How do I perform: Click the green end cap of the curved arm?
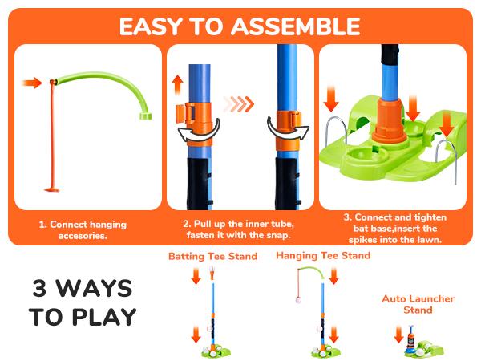[x=145, y=116]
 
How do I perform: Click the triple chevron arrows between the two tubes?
[x=238, y=104]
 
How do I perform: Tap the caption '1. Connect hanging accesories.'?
[x=83, y=229]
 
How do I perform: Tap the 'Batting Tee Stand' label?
[x=212, y=257]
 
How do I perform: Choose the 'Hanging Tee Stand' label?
[x=323, y=256]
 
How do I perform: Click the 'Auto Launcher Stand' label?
[x=418, y=304]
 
